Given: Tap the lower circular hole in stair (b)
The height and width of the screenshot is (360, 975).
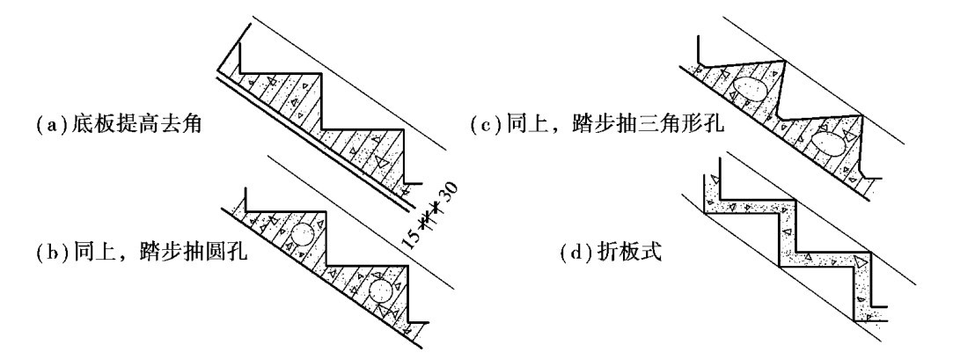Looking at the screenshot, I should click(380, 292).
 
